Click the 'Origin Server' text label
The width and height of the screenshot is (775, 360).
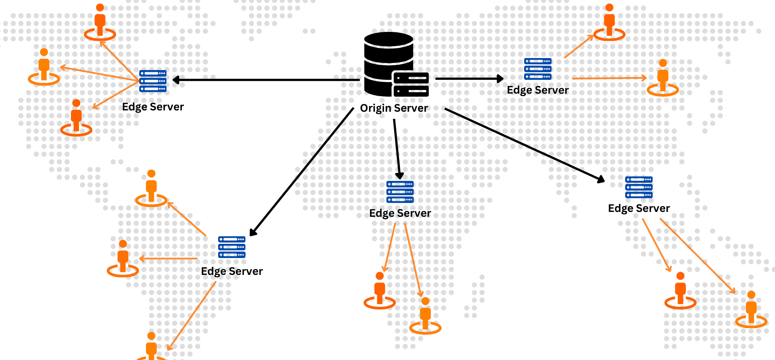click(x=394, y=108)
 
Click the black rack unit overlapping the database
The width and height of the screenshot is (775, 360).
click(x=411, y=84)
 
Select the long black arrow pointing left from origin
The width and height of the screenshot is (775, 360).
click(x=266, y=80)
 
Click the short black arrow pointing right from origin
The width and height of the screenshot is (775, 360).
click(x=470, y=78)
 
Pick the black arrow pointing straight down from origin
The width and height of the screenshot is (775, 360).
click(x=397, y=149)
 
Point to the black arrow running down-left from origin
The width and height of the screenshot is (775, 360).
click(x=301, y=172)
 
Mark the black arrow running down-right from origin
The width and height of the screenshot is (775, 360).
click(x=525, y=145)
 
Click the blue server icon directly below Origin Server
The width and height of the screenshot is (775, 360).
click(x=400, y=192)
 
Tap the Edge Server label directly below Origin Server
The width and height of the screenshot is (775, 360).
click(x=400, y=213)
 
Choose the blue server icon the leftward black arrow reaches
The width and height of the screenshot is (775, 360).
click(x=153, y=81)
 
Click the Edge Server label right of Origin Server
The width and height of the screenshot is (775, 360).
click(x=538, y=90)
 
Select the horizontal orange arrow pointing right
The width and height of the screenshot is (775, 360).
click(x=609, y=78)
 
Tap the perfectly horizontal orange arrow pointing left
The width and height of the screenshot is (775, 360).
click(x=168, y=258)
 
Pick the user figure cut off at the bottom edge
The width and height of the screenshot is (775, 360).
click(x=151, y=347)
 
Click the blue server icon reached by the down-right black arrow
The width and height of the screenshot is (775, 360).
click(x=639, y=187)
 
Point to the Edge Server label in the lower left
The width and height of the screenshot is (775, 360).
click(x=232, y=271)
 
